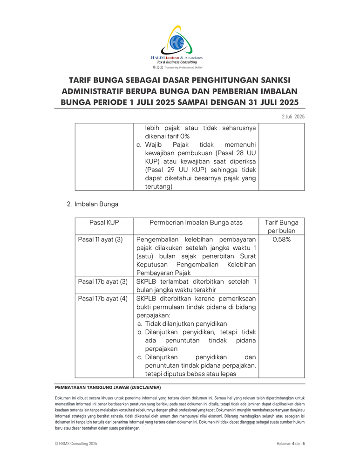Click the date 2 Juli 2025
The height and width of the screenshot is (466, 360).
(293, 116)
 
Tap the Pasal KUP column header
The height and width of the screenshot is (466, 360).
(104, 222)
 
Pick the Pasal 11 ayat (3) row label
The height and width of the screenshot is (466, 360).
(101, 240)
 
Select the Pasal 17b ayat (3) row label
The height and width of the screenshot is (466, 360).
(103, 281)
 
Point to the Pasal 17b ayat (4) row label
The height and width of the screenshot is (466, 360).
(103, 298)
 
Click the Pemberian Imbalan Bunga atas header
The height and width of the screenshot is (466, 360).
(196, 222)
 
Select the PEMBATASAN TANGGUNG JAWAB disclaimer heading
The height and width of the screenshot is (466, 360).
(108, 387)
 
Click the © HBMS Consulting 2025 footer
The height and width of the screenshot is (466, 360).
(76, 444)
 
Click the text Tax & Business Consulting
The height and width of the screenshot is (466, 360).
(177, 62)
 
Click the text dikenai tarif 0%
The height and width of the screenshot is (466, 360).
(167, 136)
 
